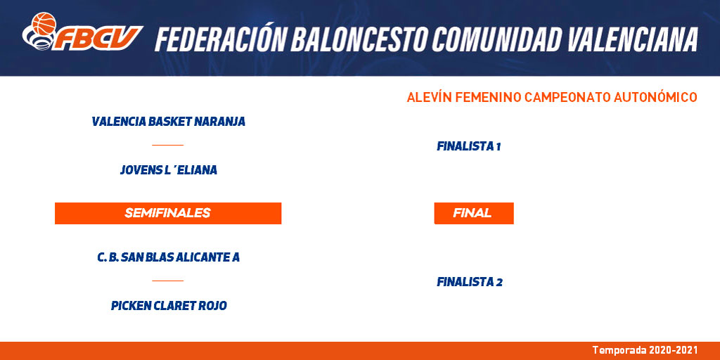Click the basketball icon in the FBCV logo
coord(44,23)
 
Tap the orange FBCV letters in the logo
coord(98,38)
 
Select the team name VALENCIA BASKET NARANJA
coord(168,122)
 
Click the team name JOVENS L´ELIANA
coord(168,170)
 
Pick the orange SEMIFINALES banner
coord(168,213)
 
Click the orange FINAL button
coord(474,213)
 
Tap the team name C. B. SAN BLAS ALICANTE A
coord(168,257)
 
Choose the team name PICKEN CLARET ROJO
coord(169,306)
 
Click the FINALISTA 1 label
coord(468,146)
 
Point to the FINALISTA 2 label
coord(469,282)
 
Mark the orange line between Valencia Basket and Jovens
coord(167,145)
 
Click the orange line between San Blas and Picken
coord(167,281)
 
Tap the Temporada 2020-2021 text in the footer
coord(645,350)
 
